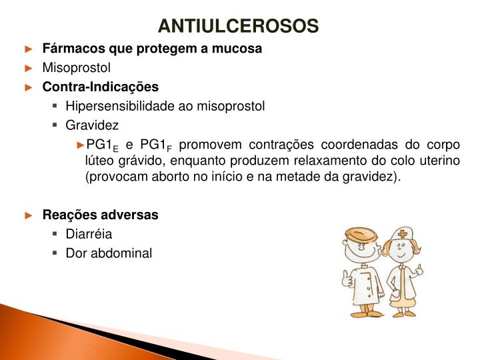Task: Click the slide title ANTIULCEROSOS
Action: click(x=239, y=26)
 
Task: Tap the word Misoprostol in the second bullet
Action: click(x=77, y=67)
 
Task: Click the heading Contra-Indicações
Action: click(x=101, y=87)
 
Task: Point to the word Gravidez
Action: click(x=92, y=125)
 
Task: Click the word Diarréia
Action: click(x=89, y=234)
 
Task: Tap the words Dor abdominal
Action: click(x=109, y=253)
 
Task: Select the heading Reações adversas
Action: click(x=101, y=215)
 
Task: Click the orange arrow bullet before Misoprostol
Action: click(x=28, y=67)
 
